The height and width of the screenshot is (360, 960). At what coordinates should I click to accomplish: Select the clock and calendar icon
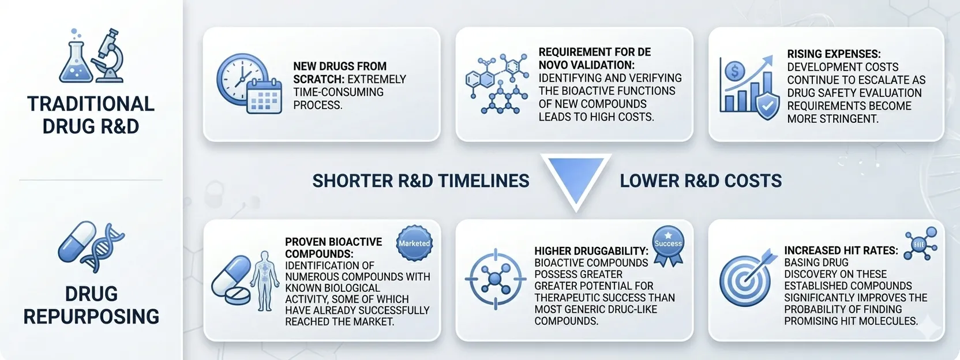[249, 84]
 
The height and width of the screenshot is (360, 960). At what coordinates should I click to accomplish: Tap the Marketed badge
[414, 243]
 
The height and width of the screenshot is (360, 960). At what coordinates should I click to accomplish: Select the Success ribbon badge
[667, 246]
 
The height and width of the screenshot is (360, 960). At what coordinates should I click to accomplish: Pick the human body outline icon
[265, 281]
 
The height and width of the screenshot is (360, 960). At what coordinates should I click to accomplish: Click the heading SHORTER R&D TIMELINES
[421, 181]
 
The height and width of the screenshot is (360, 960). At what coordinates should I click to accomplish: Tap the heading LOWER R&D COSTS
[701, 181]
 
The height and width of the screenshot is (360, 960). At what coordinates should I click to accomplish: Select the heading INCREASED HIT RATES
[841, 250]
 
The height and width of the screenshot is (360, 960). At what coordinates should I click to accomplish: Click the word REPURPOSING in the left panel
[91, 317]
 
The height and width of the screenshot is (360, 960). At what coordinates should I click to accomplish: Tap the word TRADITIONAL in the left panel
[91, 104]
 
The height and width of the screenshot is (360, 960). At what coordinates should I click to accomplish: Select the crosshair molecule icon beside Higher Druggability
[496, 279]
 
